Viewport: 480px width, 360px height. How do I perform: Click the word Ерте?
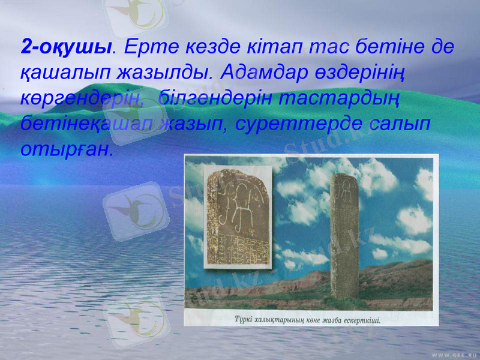tap(151, 46)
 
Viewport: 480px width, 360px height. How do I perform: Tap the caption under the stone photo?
tap(306, 320)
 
